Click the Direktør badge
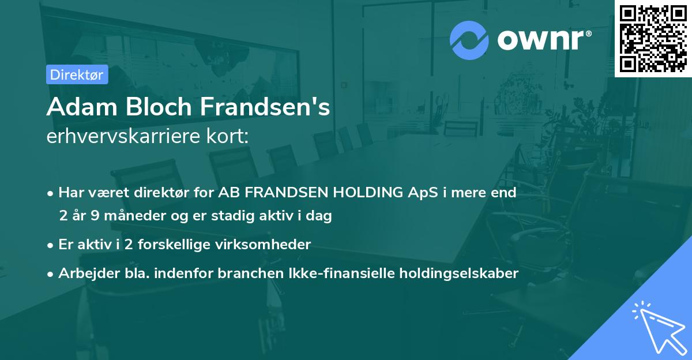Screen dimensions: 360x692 (x=77, y=74)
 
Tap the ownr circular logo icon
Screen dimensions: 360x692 (x=469, y=40)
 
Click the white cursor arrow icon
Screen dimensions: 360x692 (x=657, y=329)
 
